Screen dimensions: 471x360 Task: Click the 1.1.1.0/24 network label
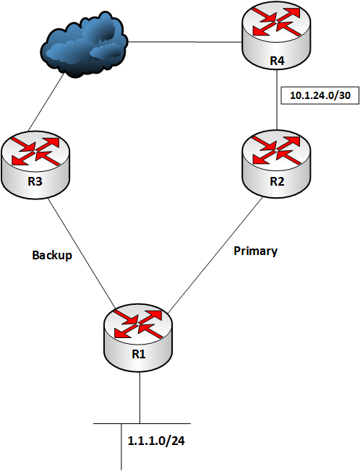153,440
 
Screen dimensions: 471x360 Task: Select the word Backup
52,255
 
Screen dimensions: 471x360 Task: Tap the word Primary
256,251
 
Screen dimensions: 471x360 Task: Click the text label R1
137,353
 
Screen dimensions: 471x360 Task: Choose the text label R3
35,181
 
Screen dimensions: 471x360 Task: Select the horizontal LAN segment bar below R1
108,423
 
